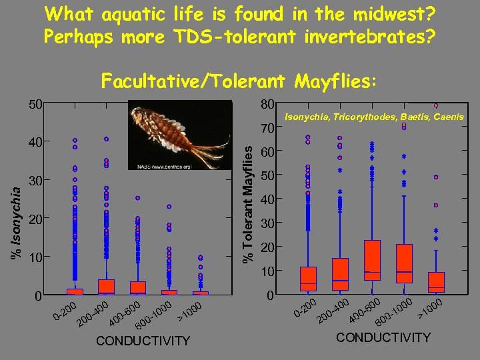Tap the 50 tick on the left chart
pyautogui.click(x=35, y=104)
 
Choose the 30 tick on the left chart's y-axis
pyautogui.click(x=35, y=181)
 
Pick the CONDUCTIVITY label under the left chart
pyautogui.click(x=143, y=341)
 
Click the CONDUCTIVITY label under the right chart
pyautogui.click(x=383, y=337)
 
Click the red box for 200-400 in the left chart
pyautogui.click(x=106, y=287)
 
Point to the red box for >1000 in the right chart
pyautogui.click(x=436, y=282)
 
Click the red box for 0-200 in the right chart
pyautogui.click(x=308, y=279)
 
